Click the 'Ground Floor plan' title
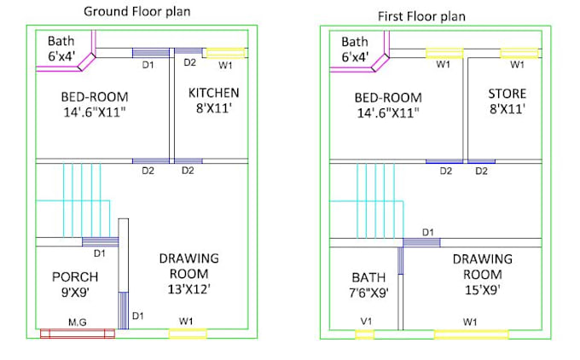pos(136,11)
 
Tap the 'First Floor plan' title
pos(421,17)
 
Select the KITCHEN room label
pos(214,92)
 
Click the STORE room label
pos(507,94)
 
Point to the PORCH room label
pos(75,276)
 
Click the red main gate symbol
pos(78,334)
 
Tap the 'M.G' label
pos(78,322)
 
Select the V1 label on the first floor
pos(366,321)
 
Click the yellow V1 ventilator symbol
pos(365,335)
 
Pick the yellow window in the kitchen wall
pos(225,53)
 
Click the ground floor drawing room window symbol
pos(188,334)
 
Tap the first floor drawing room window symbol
pos(471,335)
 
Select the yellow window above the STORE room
pos(519,54)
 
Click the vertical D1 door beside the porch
pos(124,311)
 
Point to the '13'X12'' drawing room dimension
pos(189,289)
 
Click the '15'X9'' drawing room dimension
pos(483,290)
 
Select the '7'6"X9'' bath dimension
pos(368,293)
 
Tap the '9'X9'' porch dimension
pos(75,293)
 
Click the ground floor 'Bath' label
pos(61,41)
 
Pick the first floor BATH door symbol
pos(401,260)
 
